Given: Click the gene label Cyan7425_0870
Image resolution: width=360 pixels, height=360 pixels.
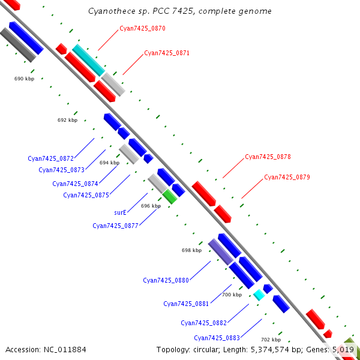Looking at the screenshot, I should coord(142,28).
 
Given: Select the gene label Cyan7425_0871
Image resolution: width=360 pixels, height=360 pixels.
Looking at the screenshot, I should coord(167,53).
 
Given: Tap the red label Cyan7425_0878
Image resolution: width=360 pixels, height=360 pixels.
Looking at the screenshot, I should coord(268,157).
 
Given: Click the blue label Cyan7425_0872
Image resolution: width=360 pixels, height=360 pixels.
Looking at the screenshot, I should coord(50,158).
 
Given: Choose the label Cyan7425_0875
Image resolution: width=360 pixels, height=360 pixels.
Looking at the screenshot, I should coord(86,194).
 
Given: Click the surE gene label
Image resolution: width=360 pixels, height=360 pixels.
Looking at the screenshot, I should coord(120,212).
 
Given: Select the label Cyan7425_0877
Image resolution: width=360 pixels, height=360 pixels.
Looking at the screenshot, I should coord(115,226).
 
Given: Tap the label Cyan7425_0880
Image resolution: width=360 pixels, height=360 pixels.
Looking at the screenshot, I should coord(166,280).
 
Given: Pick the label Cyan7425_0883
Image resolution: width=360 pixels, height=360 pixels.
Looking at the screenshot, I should coord(217,338).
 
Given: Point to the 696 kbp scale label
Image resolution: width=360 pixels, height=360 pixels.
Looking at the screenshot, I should coord(151,206).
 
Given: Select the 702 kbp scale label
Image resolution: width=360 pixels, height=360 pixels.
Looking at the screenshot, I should coord(271,339).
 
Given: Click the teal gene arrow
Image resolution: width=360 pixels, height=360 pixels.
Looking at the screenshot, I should coord(88,59).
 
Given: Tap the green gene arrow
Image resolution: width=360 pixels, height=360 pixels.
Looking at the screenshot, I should coord(170,196).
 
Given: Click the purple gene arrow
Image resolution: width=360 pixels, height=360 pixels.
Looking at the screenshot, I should coord(220,251).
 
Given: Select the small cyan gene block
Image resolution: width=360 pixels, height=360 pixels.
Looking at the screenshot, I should coord(259,295).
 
